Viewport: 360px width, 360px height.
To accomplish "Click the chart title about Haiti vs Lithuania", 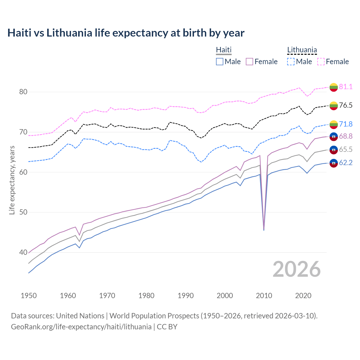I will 126,33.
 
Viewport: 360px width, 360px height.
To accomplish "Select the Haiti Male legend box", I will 220,62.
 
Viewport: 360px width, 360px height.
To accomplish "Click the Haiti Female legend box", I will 249,62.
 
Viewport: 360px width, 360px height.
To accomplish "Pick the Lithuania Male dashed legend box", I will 291,62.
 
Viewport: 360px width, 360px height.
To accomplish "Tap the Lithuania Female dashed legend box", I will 321,62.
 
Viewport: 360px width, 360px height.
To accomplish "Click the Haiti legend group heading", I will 224,50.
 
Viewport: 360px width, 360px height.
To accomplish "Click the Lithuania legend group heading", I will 302,50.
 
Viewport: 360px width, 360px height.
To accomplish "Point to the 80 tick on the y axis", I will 23,92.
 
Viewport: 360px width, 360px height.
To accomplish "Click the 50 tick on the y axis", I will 23,212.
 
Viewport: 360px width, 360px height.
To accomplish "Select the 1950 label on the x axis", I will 29,296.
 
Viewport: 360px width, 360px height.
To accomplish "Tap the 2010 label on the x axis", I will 264,296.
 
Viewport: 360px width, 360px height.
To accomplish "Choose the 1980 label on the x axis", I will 146,296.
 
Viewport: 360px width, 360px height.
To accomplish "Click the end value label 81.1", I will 346,87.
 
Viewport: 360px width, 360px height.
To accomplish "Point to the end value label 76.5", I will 346,105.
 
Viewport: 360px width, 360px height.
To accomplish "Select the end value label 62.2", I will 346,163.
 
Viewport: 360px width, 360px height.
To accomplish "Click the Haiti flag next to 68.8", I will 334,136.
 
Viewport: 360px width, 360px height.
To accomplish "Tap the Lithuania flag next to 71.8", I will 334,124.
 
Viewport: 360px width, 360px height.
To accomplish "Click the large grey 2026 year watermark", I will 297,269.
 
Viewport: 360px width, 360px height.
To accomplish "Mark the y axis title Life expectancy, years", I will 12,180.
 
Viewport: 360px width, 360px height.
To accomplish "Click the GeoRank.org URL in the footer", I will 81,327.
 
